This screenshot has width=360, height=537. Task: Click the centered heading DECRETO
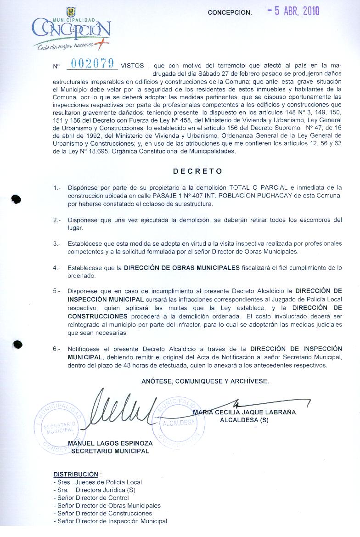click(x=197, y=171)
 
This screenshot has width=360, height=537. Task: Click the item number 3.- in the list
click(x=57, y=243)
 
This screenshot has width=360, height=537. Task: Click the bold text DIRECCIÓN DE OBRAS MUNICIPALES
click(x=181, y=267)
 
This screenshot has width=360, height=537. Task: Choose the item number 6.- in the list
click(x=57, y=349)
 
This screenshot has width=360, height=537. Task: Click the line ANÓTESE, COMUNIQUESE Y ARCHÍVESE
click(x=205, y=381)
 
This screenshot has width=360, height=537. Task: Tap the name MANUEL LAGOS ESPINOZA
click(x=110, y=443)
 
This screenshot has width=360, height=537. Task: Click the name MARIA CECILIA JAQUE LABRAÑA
click(x=244, y=412)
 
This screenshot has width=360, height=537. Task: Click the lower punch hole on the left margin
click(x=17, y=344)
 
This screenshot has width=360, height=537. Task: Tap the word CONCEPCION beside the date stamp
click(x=230, y=13)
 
